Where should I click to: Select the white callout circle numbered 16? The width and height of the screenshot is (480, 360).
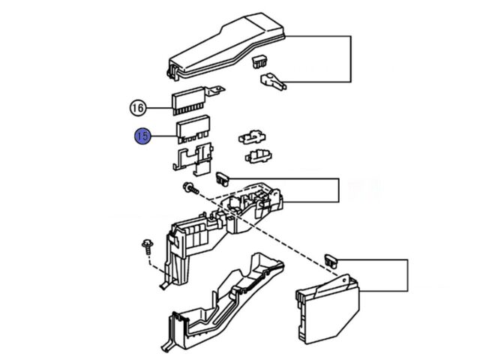[x=136, y=108]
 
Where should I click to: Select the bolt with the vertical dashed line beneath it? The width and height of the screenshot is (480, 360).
[x=148, y=245]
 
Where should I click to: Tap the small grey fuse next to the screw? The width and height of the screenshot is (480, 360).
[x=223, y=177]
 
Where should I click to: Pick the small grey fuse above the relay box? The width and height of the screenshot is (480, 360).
[x=331, y=259]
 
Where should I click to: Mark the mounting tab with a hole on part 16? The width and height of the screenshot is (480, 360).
[x=217, y=92]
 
